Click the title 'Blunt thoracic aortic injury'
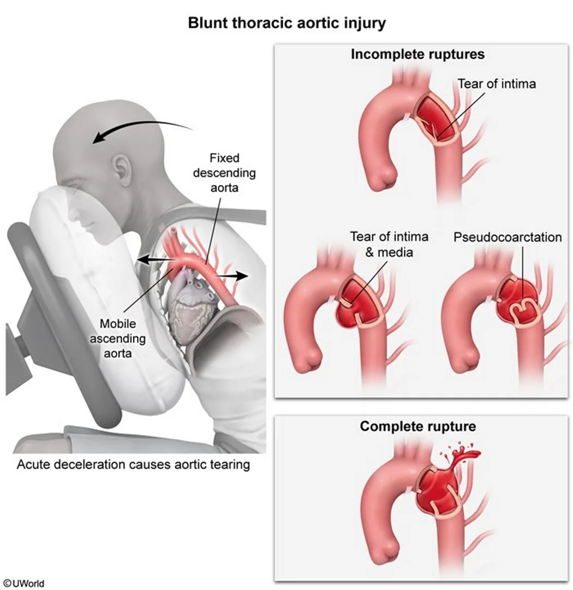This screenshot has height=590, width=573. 286,23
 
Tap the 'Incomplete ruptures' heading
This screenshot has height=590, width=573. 417,54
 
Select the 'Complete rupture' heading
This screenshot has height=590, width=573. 417,426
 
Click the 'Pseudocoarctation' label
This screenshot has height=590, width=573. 508,237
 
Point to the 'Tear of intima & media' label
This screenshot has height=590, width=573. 389,244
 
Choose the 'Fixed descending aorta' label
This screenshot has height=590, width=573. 224,173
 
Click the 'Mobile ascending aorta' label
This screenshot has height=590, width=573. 118,338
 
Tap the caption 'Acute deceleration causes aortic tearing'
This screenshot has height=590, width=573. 134,464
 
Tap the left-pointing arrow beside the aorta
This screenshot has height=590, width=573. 154,259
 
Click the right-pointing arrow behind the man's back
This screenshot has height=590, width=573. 231,276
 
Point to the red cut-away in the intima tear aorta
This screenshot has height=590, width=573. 437,120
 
